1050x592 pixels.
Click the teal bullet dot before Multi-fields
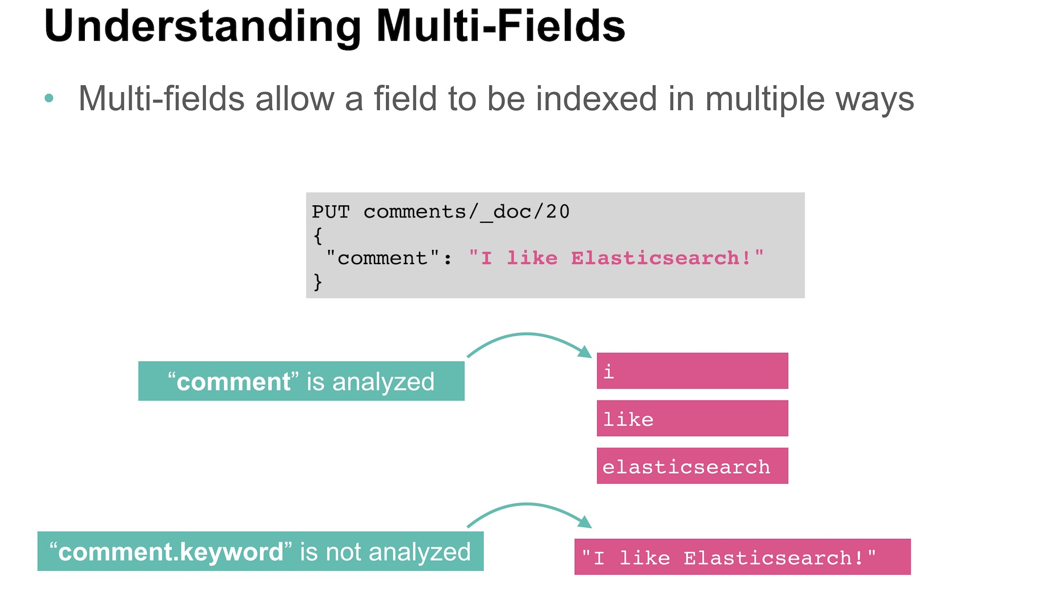[x=49, y=98]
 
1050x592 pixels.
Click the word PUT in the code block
[x=331, y=212]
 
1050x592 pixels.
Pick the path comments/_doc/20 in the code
[x=467, y=212]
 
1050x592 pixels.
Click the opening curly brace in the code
[x=318, y=236]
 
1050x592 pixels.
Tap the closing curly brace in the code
[x=318, y=282]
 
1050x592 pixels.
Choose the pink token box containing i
[x=692, y=371]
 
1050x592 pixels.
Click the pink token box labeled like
[x=692, y=419]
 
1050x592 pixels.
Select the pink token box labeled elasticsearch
[x=692, y=466]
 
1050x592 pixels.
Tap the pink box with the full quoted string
[x=742, y=557]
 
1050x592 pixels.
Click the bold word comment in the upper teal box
[x=233, y=382]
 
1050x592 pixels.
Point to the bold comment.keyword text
[x=171, y=552]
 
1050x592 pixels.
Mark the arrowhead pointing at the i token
[x=585, y=352]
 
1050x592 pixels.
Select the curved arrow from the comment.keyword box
[x=527, y=505]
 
